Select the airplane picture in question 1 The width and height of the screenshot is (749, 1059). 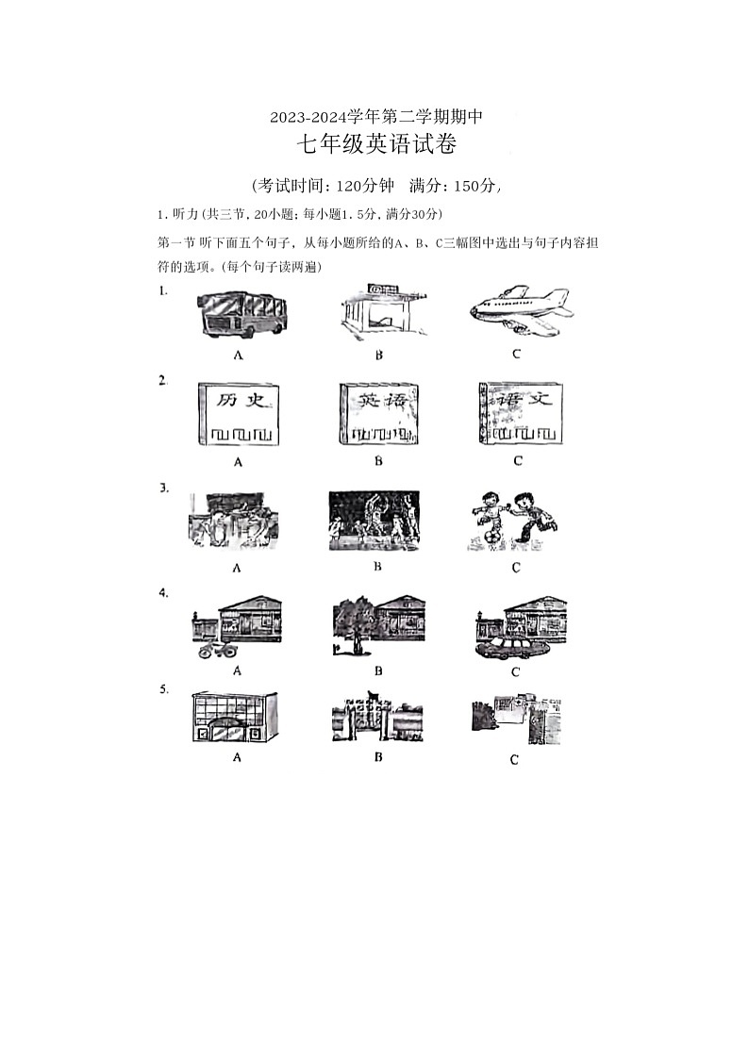[x=519, y=310]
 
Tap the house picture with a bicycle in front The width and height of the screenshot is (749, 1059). [x=238, y=627]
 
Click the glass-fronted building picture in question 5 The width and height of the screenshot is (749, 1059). [x=237, y=718]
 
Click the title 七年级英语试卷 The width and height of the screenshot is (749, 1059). [x=376, y=145]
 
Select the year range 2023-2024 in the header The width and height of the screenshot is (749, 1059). [x=306, y=118]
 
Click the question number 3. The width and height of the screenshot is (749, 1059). [x=163, y=488]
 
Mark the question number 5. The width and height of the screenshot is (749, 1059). [x=163, y=689]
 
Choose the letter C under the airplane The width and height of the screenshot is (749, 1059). [x=516, y=355]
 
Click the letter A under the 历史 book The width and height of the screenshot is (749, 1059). [x=239, y=462]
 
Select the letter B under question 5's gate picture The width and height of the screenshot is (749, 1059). [x=377, y=756]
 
